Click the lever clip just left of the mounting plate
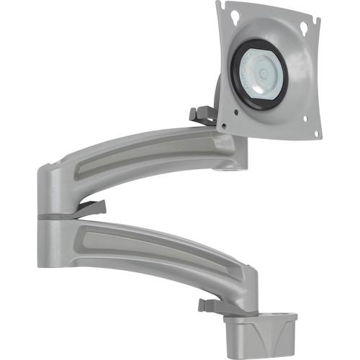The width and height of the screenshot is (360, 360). (x=202, y=114)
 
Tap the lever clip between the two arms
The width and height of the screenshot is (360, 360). (x=90, y=209)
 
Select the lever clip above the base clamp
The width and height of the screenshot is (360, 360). (x=210, y=305)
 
